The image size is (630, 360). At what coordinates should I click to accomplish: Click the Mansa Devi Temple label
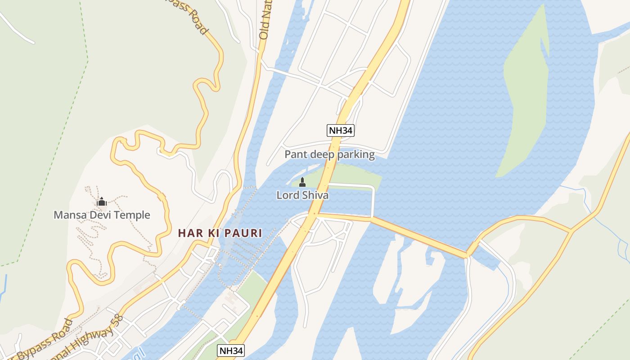click(102, 215)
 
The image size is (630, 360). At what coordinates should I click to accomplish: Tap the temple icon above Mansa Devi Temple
click(101, 202)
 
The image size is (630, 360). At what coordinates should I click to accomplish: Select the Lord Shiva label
click(302, 195)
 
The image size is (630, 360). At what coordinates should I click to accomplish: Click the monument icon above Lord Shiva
click(302, 182)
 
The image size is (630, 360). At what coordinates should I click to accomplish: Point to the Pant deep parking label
click(329, 155)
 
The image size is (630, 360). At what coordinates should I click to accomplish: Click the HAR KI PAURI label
click(220, 233)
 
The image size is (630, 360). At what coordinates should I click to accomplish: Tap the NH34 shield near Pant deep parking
click(341, 130)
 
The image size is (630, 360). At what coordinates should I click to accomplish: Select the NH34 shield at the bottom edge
click(231, 351)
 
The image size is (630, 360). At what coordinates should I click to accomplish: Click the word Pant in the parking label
click(295, 155)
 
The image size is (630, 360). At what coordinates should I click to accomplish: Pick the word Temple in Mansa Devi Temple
click(132, 215)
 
